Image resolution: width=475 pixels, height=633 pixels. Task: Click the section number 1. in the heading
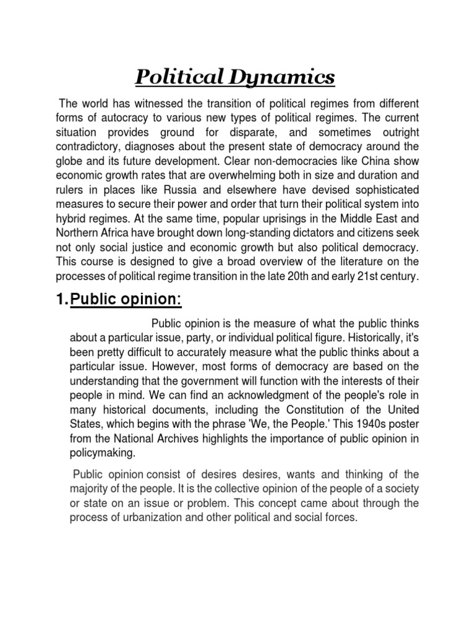click(62, 299)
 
